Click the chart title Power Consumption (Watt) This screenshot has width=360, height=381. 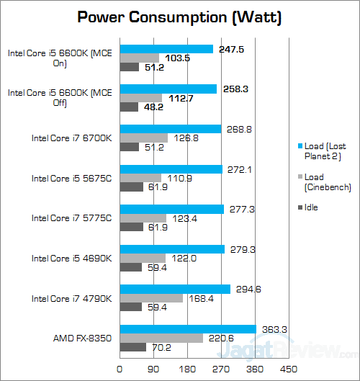coord(179,17)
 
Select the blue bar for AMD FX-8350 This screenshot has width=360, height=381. coord(187,329)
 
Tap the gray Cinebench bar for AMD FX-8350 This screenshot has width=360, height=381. coord(161,338)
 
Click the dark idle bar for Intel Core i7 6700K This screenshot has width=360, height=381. coord(129,147)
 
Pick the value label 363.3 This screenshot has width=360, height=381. coord(274,329)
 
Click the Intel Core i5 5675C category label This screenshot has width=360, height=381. coord(72,178)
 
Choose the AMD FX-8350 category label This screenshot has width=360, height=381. coord(81,338)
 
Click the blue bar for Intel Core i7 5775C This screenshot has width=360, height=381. coord(171,209)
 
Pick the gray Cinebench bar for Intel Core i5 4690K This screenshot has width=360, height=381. coord(142,258)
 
